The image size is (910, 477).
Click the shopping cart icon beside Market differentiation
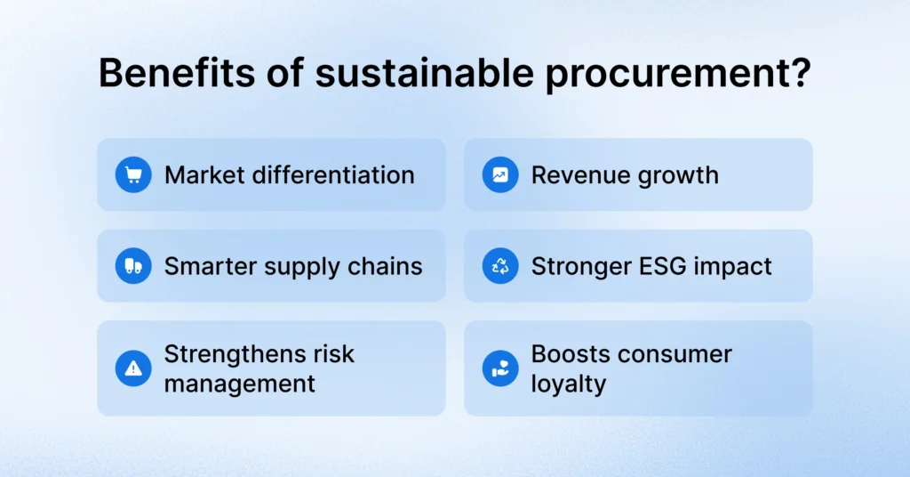[133, 174]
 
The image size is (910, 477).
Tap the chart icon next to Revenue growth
[500, 174]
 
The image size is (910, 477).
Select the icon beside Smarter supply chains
[133, 266]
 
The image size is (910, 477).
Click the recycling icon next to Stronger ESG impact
[500, 266]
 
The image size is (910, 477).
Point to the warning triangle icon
[133, 368]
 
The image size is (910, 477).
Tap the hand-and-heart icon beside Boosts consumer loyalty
[500, 368]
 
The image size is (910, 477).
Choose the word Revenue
[575, 174]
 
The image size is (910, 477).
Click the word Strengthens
[235, 353]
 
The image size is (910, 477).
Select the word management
[240, 384]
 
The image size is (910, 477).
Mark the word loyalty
[569, 384]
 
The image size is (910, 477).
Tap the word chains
[387, 266]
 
